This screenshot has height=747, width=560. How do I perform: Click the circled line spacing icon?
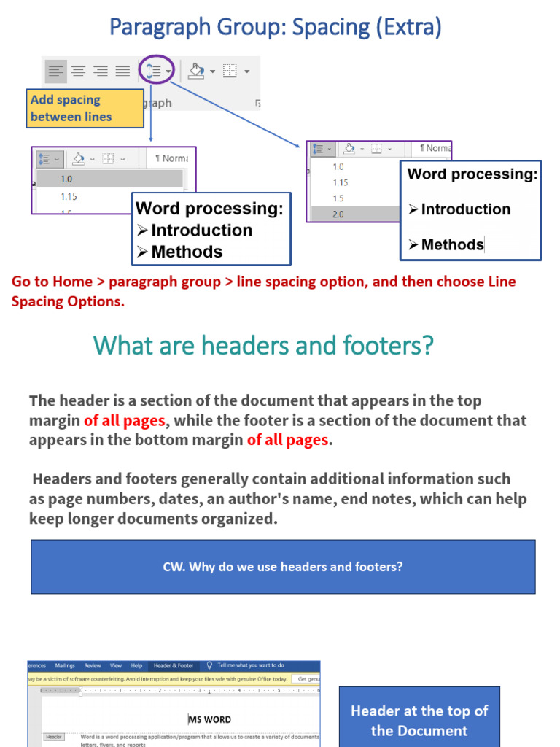pos(155,71)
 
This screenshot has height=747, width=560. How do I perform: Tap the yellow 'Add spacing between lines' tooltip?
pos(85,108)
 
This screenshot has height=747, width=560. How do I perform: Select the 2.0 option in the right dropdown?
pos(338,214)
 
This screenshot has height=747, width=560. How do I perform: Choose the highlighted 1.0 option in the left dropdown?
pos(67,179)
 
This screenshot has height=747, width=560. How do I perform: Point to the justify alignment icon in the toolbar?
pos(122,71)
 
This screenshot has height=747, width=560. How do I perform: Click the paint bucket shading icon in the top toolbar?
pos(195,71)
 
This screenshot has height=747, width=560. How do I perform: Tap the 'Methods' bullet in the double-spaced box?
pos(452,244)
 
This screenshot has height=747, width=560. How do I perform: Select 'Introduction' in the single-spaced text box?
pos(201,230)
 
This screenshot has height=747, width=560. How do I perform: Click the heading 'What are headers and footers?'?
pos(263,345)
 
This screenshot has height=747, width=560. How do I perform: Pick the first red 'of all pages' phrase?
pos(125,420)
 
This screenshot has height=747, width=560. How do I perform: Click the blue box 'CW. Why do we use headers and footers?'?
pos(283,566)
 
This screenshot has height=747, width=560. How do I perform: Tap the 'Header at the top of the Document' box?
pos(419,720)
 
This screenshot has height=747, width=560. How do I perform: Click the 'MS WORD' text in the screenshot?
pos(210,719)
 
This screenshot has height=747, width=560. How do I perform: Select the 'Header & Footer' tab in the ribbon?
pos(174,665)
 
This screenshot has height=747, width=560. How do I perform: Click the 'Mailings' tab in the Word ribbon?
pos(65,665)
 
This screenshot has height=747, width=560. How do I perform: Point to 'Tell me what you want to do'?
pos(250,665)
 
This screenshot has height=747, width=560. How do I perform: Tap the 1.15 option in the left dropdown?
pos(69,196)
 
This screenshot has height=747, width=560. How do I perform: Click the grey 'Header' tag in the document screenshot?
pos(54,737)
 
